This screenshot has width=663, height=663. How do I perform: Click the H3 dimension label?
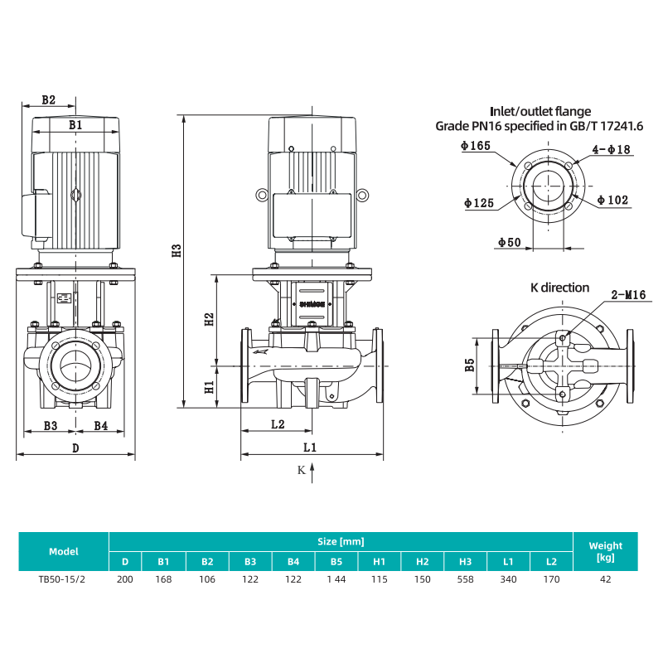tap(176, 252)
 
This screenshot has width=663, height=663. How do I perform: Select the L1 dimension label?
tap(310, 447)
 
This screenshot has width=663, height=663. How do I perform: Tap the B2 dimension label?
tap(48, 99)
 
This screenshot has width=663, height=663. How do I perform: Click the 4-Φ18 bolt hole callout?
tap(612, 149)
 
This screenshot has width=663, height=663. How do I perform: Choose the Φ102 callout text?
tap(613, 201)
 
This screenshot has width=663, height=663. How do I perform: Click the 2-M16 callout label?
tap(628, 294)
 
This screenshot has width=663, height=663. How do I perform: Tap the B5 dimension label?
tap(470, 365)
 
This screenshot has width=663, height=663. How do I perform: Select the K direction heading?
tap(559, 288)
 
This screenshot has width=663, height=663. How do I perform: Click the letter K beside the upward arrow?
tap(301, 470)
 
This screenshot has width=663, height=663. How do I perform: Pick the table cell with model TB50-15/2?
tap(64, 579)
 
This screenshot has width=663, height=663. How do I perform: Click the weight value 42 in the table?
tap(605, 579)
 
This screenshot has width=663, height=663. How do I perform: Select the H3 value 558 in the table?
tap(465, 579)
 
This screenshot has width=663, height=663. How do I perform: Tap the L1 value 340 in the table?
tap(508, 579)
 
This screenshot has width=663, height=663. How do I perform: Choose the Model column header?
tap(64, 551)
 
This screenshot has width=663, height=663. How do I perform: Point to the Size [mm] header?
tap(341, 541)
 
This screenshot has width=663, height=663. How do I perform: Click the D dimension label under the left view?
tap(75, 448)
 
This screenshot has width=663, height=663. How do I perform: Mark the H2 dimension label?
tap(209, 317)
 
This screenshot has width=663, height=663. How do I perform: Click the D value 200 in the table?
tap(125, 579)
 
